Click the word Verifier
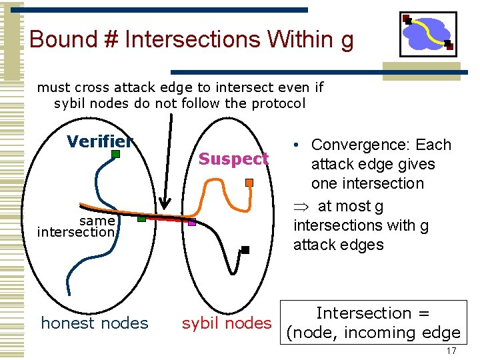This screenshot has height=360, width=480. click(100, 141)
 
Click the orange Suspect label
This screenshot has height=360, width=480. click(233, 159)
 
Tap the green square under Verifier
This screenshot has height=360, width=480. click(115, 155)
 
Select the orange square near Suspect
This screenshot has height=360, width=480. click(249, 182)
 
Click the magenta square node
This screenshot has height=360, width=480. click(192, 223)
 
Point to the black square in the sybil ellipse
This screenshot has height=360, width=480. click(245, 250)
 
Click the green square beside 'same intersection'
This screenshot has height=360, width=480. click(141, 219)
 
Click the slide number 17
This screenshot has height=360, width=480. click(451, 351)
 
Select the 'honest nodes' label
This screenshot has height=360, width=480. click(95, 323)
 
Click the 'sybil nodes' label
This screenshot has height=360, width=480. click(227, 323)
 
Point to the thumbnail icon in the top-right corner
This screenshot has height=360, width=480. click(427, 34)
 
